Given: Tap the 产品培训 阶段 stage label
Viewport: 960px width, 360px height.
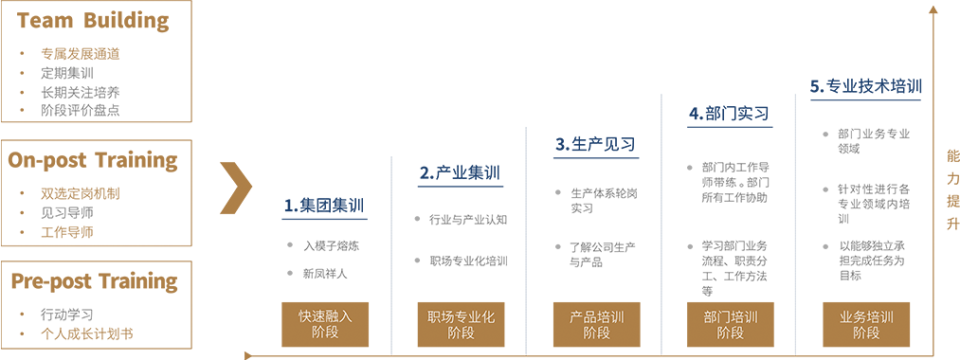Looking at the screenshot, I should [x=596, y=325].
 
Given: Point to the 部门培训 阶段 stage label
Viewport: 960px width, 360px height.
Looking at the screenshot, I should [x=731, y=325].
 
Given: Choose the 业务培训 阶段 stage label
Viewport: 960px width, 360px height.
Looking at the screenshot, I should [x=866, y=325].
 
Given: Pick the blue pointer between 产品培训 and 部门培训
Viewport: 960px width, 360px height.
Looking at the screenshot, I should [x=661, y=313].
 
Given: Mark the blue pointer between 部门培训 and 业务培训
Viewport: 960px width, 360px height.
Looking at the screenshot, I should [x=796, y=313].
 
